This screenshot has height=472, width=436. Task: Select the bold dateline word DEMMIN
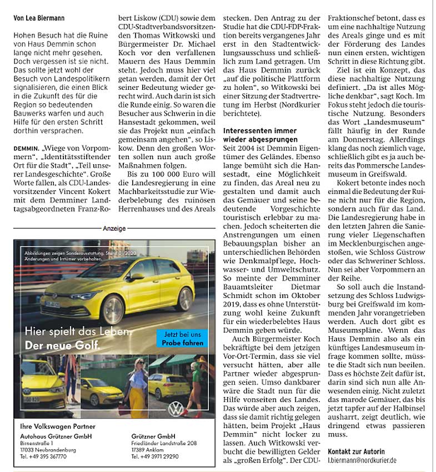click(x=26, y=150)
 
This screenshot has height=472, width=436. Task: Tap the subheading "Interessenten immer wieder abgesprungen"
click(x=259, y=134)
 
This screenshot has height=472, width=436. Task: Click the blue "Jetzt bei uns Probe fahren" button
click(x=181, y=338)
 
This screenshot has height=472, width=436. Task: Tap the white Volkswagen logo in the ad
click(x=176, y=409)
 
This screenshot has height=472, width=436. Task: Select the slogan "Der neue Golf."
click(x=62, y=347)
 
